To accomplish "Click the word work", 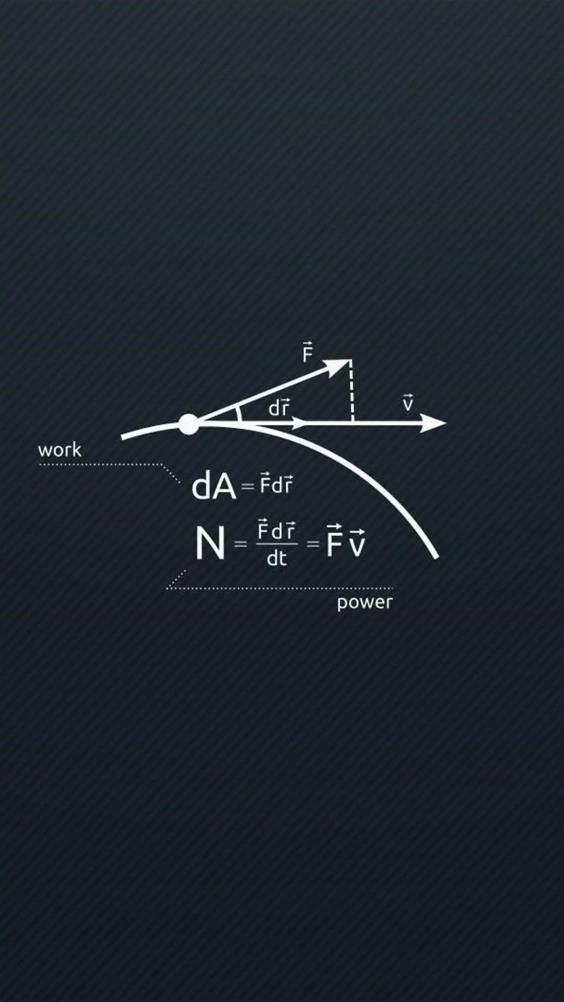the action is coord(60,450).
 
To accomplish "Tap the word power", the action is coord(364,603).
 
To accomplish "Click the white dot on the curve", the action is coord(189,424).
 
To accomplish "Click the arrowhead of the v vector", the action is coord(432,423).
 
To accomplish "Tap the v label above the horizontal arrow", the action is coord(408,403).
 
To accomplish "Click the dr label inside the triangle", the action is coord(279,407).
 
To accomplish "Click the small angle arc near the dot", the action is coord(239,413).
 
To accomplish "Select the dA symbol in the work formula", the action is coord(214,486).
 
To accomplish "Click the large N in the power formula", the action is coord(210,543).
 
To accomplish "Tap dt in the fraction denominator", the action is coord(277,558).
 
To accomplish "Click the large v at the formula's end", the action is coord(358,544).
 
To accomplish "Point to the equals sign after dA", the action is coord(248,487).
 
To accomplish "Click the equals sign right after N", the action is coord(240,544).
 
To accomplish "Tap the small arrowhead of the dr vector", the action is coord(300,423).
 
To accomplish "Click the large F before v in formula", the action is coord(334,541).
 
